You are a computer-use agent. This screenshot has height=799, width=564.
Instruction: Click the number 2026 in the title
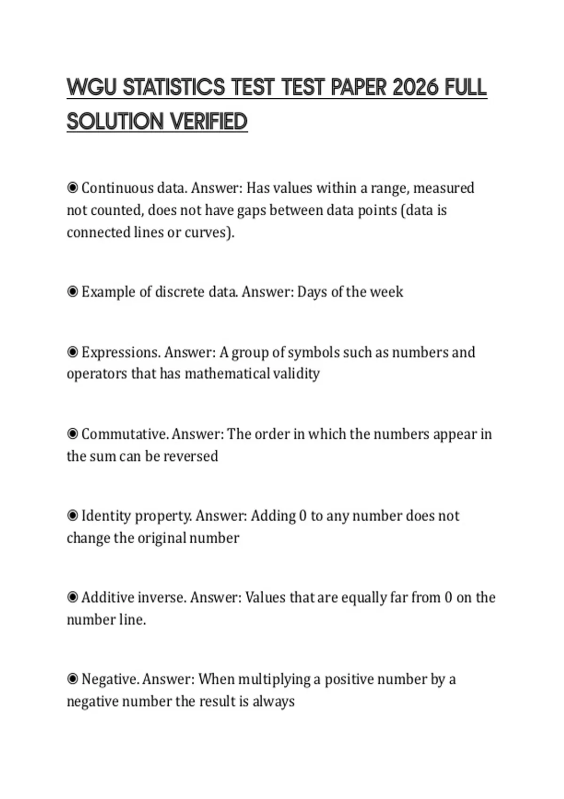point(415,87)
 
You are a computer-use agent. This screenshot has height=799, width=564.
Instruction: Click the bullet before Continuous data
point(72,188)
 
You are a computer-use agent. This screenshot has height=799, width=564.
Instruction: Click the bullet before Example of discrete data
point(72,292)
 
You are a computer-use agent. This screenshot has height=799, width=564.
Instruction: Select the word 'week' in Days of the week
point(386,292)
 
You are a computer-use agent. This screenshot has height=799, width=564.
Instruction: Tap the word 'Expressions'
point(120,352)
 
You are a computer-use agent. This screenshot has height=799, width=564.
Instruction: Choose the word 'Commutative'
point(124,434)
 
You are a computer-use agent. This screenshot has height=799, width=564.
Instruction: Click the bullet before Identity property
point(72,516)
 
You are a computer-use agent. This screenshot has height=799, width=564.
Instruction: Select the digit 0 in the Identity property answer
point(303,516)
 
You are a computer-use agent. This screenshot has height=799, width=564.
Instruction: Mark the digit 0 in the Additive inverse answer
point(448,598)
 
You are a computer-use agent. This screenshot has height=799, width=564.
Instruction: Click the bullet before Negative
point(72,680)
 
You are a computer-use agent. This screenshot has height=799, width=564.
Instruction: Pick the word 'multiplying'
point(274,680)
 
